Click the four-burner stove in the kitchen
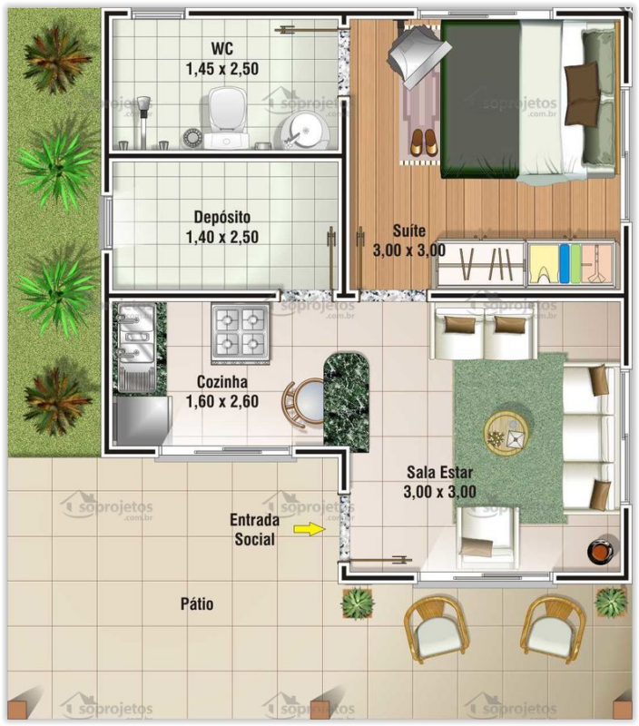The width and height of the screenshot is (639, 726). (x=240, y=330)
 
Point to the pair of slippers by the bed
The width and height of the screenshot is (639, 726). (x=423, y=142)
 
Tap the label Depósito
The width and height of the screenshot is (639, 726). (x=222, y=218)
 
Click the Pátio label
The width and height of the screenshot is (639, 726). (x=197, y=603)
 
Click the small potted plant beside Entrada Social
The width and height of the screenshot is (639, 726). (x=359, y=602)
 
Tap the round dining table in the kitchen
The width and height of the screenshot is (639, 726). (x=303, y=399)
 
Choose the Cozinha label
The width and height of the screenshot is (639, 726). (x=221, y=382)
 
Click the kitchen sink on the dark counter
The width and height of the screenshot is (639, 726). (x=133, y=341)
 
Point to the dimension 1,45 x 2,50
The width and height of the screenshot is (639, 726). (x=221, y=69)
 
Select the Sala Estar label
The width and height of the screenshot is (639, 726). (x=439, y=474)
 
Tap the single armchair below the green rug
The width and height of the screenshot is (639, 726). (x=487, y=535)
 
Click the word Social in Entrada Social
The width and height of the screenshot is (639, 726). (x=254, y=539)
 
